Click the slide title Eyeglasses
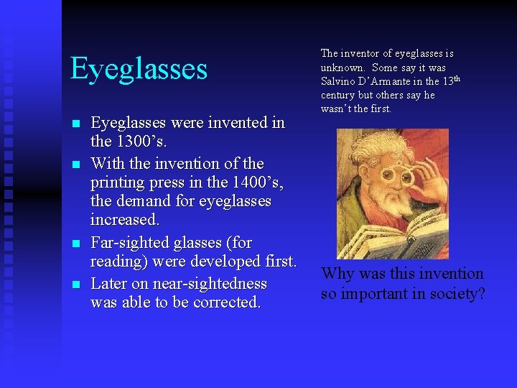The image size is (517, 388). (x=139, y=69)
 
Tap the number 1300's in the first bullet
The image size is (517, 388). (x=141, y=142)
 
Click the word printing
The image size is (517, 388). (x=119, y=183)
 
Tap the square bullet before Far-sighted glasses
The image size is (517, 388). (x=76, y=244)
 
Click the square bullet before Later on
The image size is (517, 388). (x=76, y=284)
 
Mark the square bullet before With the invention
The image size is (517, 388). (x=76, y=164)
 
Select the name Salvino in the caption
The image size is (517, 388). (x=338, y=81)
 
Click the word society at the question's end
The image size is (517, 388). (x=454, y=294)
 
